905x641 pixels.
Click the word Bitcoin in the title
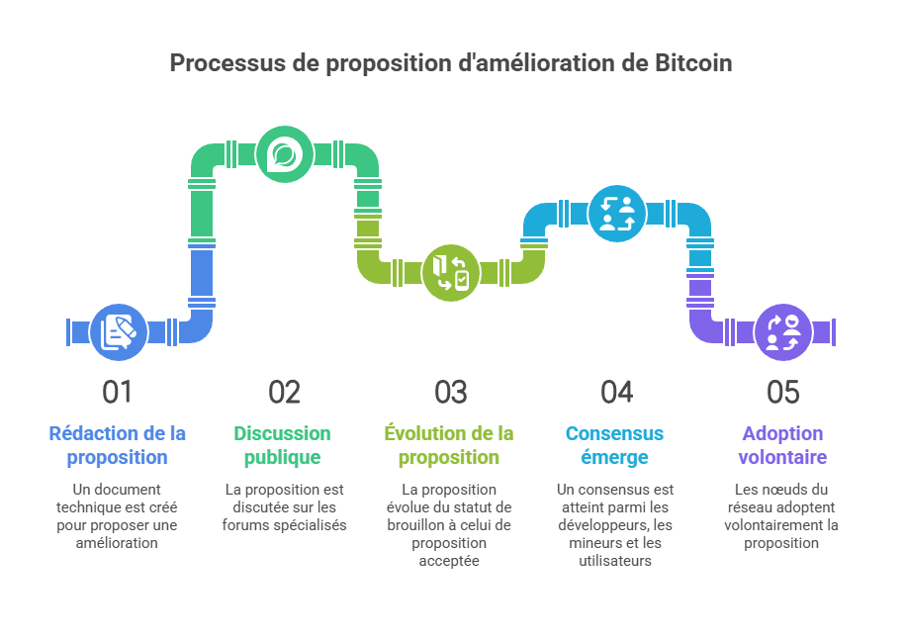click(693, 63)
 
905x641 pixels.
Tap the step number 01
click(117, 393)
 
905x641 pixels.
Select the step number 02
click(284, 393)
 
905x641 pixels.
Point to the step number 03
click(450, 393)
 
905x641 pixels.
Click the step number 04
click(616, 393)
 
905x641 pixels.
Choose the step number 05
click(782, 393)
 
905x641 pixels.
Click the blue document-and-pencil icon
click(118, 331)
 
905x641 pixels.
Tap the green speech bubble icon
click(284, 154)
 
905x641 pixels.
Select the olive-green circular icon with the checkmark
click(451, 271)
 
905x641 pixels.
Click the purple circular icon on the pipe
click(783, 331)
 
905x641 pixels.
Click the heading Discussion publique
click(283, 445)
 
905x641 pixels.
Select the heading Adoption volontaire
click(782, 445)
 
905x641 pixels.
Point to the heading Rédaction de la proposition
click(117, 445)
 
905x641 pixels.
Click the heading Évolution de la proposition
click(450, 445)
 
